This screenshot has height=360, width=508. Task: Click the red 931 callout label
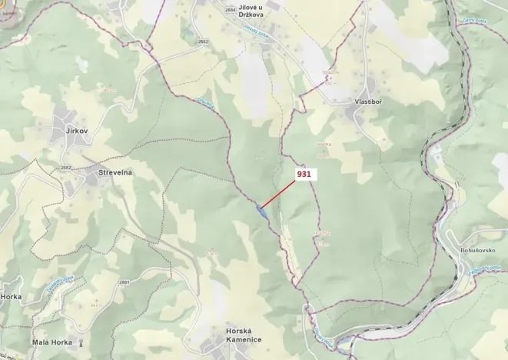pyautogui.click(x=304, y=175)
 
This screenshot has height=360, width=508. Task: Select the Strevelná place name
pyautogui.click(x=115, y=172)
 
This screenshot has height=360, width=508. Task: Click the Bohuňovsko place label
pyautogui.click(x=485, y=251)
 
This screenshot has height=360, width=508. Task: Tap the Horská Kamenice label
pyautogui.click(x=244, y=335)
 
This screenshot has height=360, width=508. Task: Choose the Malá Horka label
pyautogui.click(x=52, y=342)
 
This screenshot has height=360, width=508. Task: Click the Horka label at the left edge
pyautogui.click(x=12, y=296)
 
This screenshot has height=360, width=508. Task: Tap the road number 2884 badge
pyautogui.click(x=231, y=9)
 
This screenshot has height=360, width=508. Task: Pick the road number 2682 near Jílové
pyautogui.click(x=203, y=41)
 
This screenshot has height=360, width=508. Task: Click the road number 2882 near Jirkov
pyautogui.click(x=66, y=166)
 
